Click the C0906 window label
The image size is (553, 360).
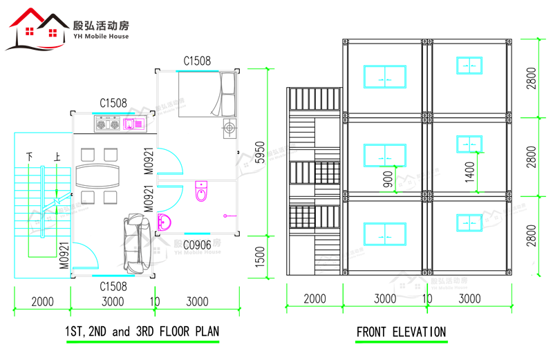pyautogui.click(x=197, y=245)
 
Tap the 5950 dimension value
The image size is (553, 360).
pyautogui.click(x=260, y=152)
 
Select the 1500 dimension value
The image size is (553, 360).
pyautogui.click(x=260, y=256)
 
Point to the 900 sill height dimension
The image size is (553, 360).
pyautogui.click(x=388, y=179)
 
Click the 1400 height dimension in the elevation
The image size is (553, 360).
pyautogui.click(x=470, y=172)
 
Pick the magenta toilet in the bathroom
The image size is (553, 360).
pyautogui.click(x=201, y=191)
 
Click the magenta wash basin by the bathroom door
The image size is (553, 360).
pyautogui.click(x=164, y=222)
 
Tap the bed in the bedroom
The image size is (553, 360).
pyautogui.click(x=207, y=94)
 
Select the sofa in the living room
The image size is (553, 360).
pyautogui.click(x=137, y=244)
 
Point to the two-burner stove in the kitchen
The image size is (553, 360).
pyautogui.click(x=108, y=124)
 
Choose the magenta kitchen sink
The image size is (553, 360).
pyautogui.click(x=133, y=124)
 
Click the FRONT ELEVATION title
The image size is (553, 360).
pyautogui.click(x=402, y=332)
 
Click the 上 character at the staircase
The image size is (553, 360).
pyautogui.click(x=57, y=156)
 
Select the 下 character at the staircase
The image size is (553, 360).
pyautogui.click(x=30, y=156)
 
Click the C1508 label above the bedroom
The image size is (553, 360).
pyautogui.click(x=197, y=61)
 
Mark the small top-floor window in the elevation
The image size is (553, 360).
pyautogui.click(x=469, y=66)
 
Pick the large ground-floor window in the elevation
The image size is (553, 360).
pyautogui.click(x=385, y=234)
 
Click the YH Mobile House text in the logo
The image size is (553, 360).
pyautogui.click(x=101, y=37)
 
